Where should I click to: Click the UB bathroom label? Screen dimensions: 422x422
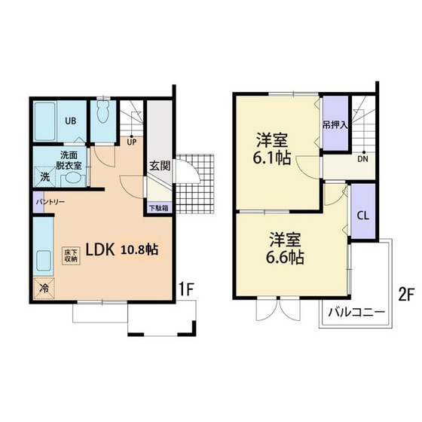pos(71,121)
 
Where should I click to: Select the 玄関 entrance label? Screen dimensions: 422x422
pos(160,166)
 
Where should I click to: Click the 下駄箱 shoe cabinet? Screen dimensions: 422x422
pos(158,208)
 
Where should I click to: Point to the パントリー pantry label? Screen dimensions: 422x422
pos(50,202)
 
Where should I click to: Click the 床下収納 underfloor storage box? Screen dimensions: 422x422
pos(71,256)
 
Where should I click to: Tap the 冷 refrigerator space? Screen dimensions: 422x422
pos(44,288)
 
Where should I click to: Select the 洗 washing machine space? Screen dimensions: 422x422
pos(45,177)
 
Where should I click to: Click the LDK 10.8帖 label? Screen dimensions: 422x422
pos(122,250)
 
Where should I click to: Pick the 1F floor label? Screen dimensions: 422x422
pos(187,289)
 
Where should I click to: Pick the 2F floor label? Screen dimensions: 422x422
pos(405,296)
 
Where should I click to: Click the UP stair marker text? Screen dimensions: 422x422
pos(132,142)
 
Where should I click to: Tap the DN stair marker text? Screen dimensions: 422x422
pos(362,159)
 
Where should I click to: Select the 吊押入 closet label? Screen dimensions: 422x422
pos(335,125)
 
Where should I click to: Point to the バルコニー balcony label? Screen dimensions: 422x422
pos(356,313)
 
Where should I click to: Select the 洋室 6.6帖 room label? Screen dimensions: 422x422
pos(286,248)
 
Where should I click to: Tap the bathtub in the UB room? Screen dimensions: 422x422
pos(45,121)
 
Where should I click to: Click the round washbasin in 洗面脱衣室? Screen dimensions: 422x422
pos(73,179)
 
